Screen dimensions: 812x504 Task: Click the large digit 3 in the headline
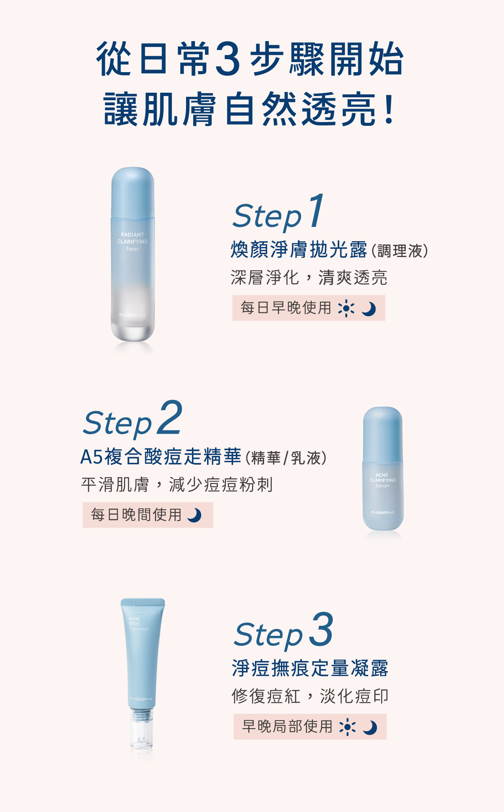tap(227, 59)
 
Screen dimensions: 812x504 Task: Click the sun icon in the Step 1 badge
tap(346, 308)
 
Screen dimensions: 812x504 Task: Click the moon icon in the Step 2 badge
tap(194, 515)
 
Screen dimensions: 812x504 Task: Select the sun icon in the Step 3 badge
tap(348, 727)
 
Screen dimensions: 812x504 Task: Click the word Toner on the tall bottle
tap(132, 249)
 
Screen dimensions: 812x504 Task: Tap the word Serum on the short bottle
tap(382, 486)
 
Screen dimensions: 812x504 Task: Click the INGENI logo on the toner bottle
tap(132, 315)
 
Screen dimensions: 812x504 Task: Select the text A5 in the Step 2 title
tap(91, 457)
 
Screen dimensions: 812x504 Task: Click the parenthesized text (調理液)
tap(399, 251)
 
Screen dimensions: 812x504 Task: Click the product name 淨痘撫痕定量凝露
tap(310, 668)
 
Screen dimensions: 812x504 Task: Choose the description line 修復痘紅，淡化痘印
tap(310, 696)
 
